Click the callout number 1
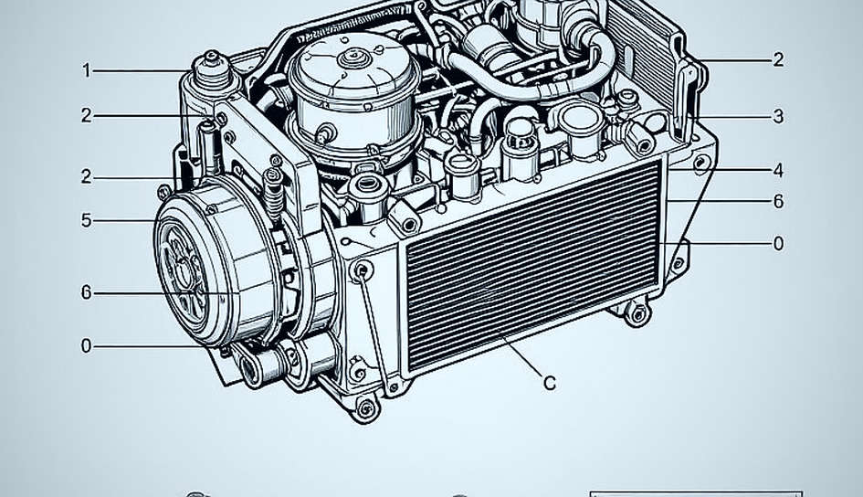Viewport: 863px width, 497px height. [87, 70]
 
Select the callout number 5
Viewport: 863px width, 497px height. [87, 221]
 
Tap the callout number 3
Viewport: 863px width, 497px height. [778, 117]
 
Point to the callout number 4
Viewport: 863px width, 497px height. [778, 171]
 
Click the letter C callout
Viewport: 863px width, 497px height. [549, 383]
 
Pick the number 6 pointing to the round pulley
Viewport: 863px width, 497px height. [87, 292]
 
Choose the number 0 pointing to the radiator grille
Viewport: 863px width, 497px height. [778, 243]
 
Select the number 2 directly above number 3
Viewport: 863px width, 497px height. [778, 59]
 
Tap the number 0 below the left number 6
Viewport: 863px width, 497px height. [87, 346]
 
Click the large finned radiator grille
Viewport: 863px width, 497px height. [532, 265]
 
